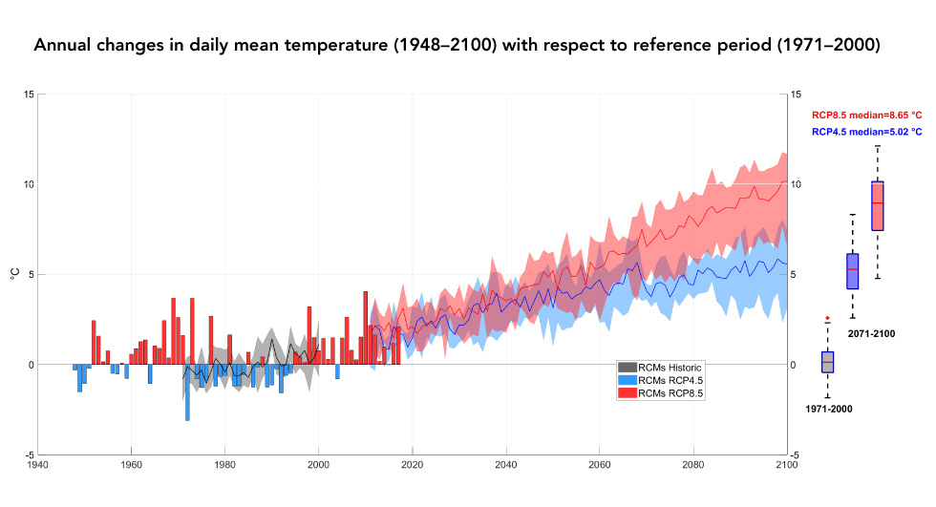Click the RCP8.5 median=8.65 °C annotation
click(x=866, y=115)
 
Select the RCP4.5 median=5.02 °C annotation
click(x=866, y=132)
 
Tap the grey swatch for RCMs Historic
click(x=627, y=367)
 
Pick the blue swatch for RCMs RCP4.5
click(x=627, y=379)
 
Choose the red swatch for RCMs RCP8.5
click(x=627, y=391)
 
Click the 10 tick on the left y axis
click(x=29, y=184)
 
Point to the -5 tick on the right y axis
click(x=796, y=455)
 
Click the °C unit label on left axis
click(x=15, y=274)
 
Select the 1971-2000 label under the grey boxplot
click(x=827, y=409)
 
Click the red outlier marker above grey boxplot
click(x=827, y=318)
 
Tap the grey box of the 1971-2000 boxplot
click(x=827, y=362)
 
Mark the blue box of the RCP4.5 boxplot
click(x=853, y=271)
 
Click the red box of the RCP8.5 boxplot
click(x=878, y=205)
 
